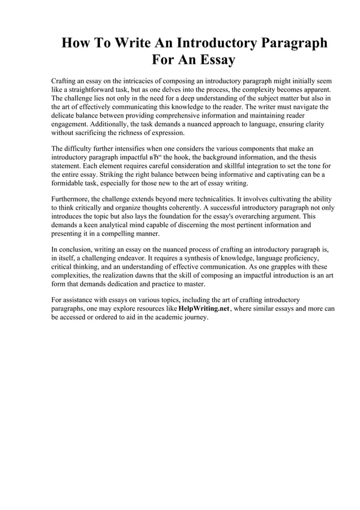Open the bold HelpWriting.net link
click(204, 309)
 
